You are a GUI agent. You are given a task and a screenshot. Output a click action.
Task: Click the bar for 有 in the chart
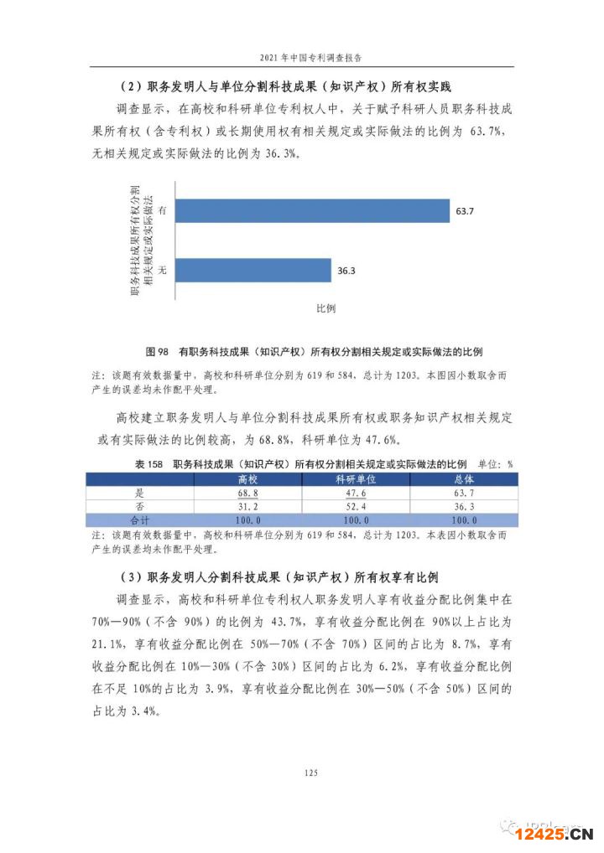point(311,211)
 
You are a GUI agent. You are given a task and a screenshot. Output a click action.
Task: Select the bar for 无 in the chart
point(253,270)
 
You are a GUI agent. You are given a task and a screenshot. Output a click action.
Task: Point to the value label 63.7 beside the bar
point(465,211)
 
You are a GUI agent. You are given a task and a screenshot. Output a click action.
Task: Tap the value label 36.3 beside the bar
point(347,271)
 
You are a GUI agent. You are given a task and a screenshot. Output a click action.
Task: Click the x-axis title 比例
point(325,308)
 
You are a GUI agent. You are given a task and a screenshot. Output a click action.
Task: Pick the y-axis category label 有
point(161,211)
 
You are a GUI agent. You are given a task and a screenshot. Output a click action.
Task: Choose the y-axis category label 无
point(161,270)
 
